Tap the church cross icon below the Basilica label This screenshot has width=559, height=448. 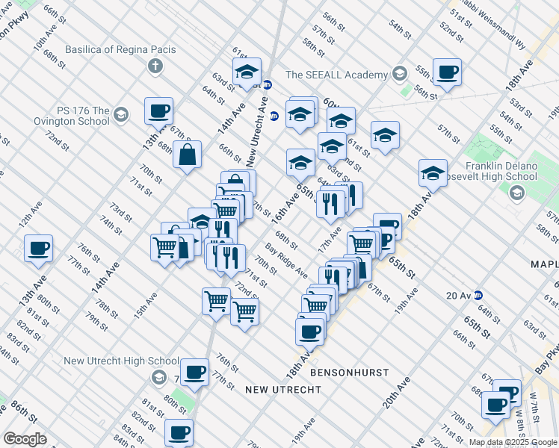[x=156, y=67]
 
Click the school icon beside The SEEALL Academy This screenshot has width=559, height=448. [x=400, y=74]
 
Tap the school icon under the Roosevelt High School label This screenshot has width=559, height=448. [x=516, y=193]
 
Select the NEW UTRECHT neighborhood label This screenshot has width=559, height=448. [x=282, y=390]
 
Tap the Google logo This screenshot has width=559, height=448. [x=25, y=438]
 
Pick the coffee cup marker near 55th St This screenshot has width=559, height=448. [x=447, y=72]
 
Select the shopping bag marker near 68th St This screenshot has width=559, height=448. [x=187, y=155]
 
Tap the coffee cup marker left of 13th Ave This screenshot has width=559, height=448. [x=38, y=249]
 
